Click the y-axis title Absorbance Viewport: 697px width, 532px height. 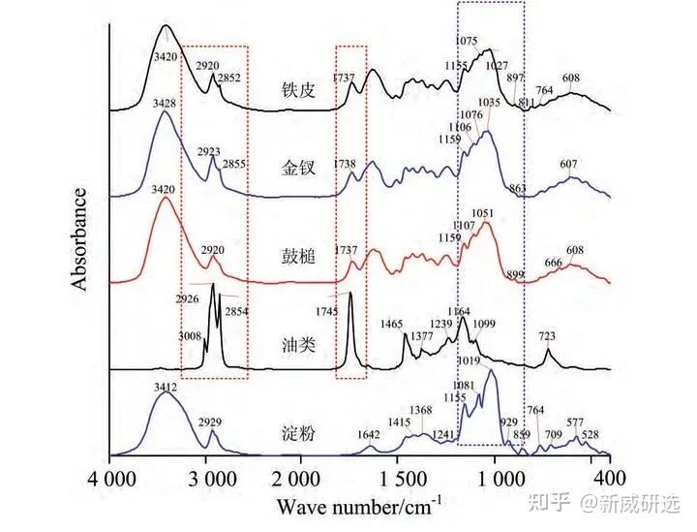[x=81, y=235]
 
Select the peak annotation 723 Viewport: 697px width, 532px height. [x=547, y=336]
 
